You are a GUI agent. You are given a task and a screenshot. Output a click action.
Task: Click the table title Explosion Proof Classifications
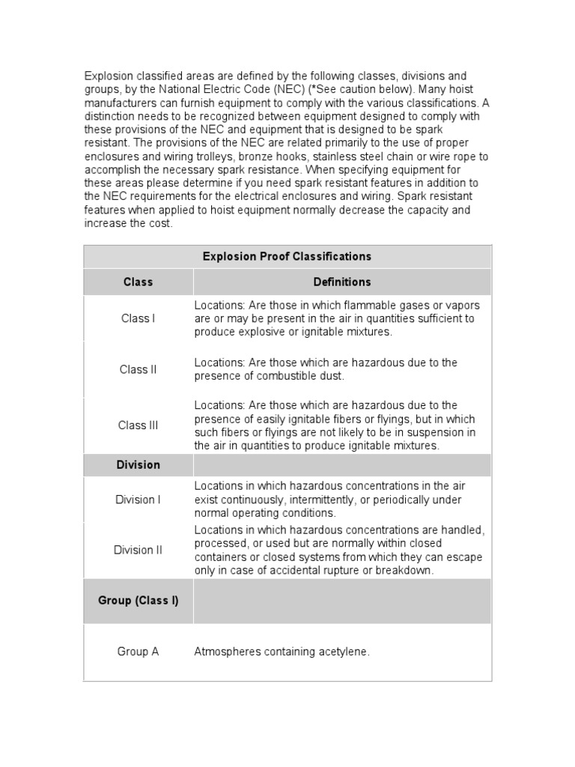point(287,256)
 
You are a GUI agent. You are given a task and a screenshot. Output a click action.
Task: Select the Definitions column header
point(342,282)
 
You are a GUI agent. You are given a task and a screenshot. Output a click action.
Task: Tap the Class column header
point(138,282)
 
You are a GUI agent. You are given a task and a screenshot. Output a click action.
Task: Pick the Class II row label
point(138,369)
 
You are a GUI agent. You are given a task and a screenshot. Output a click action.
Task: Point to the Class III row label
point(138,425)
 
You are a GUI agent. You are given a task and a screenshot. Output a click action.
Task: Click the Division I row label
point(138,500)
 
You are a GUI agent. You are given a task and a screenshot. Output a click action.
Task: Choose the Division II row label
point(138,550)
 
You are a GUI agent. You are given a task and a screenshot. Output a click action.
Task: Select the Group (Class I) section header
point(138,601)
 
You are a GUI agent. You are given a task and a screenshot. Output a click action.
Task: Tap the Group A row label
point(138,652)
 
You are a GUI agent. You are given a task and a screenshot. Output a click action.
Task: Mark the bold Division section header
point(138,464)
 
